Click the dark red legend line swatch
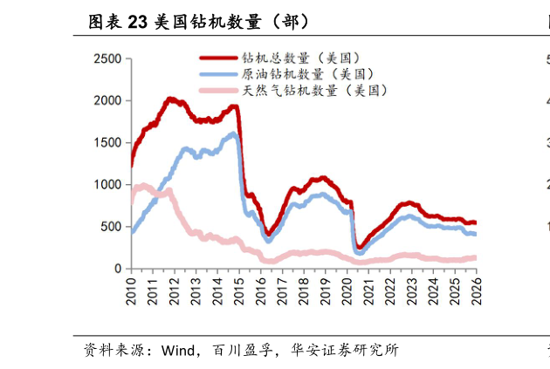tap(218, 58)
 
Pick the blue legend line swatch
tap(218, 74)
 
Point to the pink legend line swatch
tap(218, 90)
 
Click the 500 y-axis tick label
tap(111, 227)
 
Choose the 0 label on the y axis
tap(118, 269)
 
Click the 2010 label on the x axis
tap(132, 290)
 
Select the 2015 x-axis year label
tap(239, 290)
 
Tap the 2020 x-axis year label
tap(347, 290)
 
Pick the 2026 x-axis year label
tap(476, 290)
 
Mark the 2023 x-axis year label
tap(411, 290)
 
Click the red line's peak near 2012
tap(170, 99)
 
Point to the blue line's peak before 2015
tap(233, 134)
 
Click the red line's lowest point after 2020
tap(359, 248)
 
